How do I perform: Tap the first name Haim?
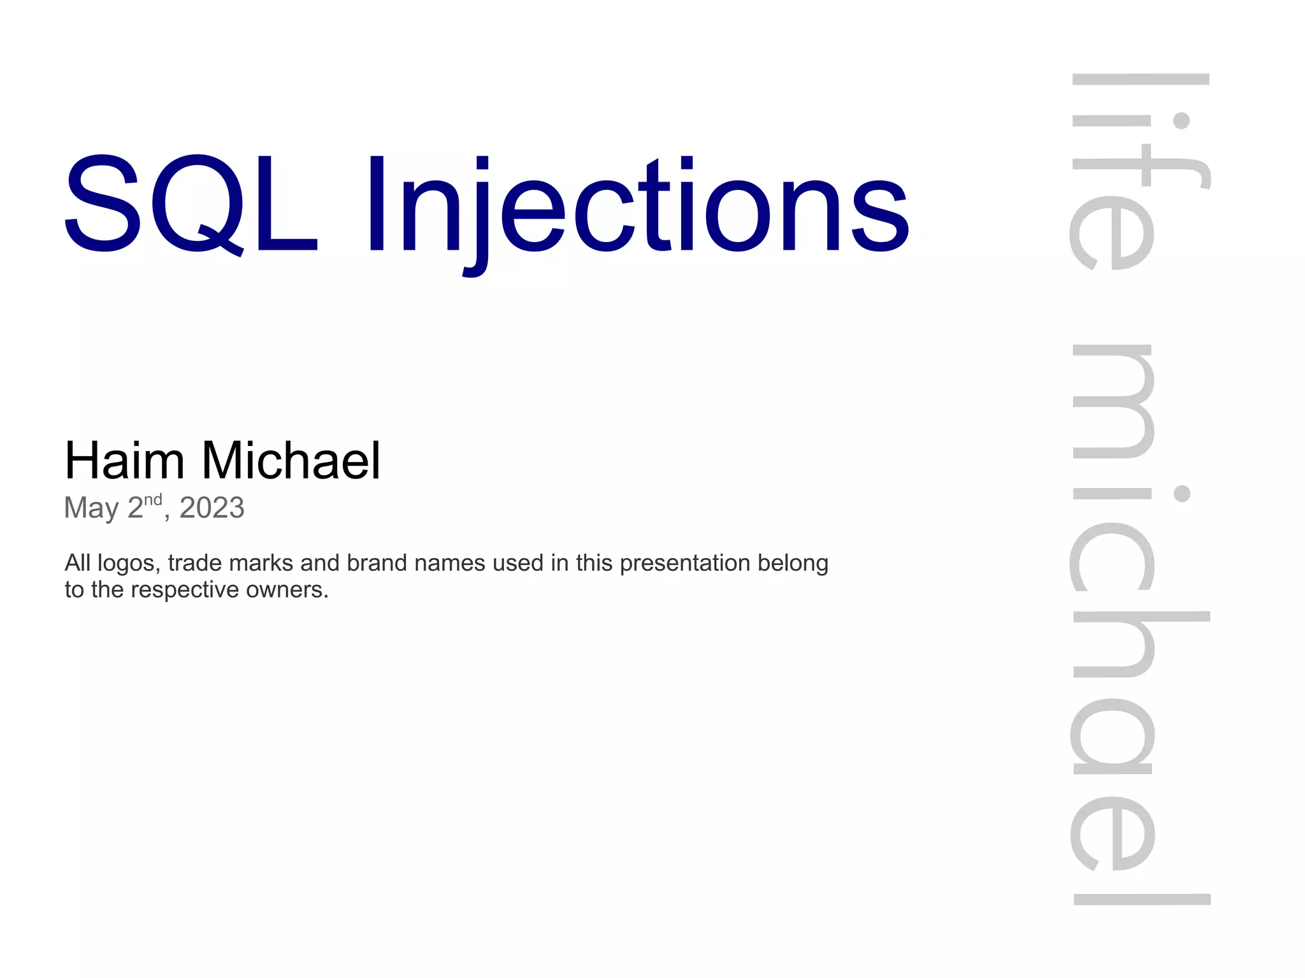point(124,461)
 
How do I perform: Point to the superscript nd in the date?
point(153,500)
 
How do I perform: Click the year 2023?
point(212,508)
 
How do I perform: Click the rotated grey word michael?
point(1141,624)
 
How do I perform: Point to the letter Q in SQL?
point(198,204)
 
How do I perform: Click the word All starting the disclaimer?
point(78,563)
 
